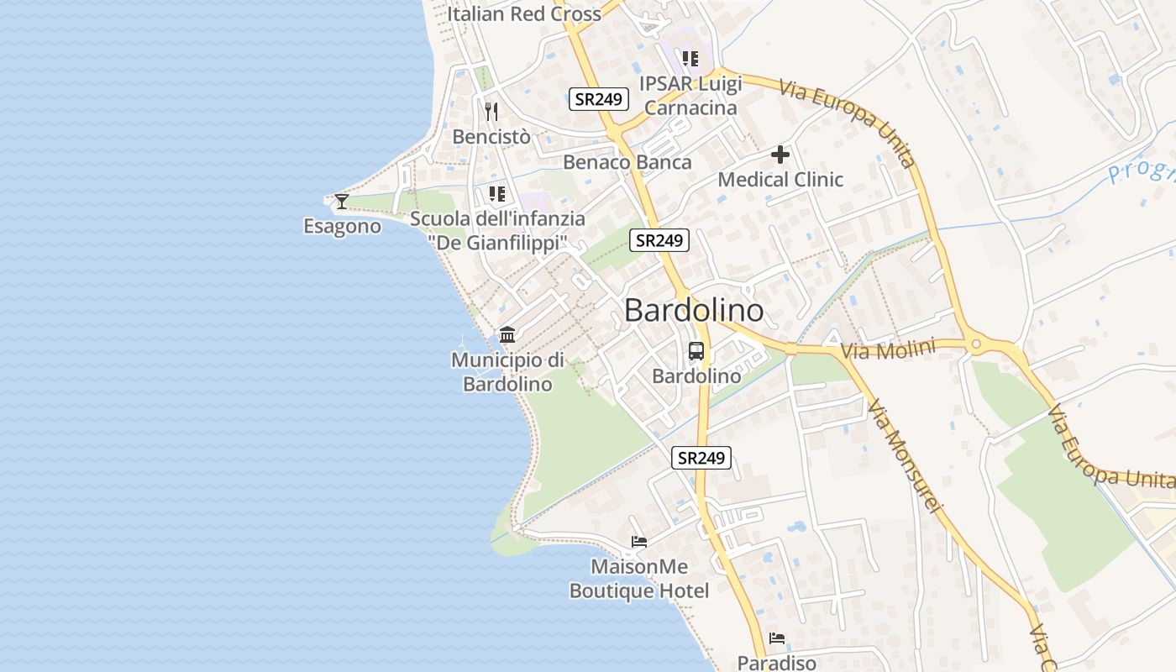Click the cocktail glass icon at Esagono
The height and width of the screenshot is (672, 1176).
pos(341,201)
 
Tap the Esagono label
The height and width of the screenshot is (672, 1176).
pos(342,226)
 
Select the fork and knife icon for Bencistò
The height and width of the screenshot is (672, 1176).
pos(491,111)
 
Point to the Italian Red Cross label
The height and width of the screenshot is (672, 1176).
pos(524,13)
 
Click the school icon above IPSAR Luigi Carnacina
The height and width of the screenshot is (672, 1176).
pos(690,59)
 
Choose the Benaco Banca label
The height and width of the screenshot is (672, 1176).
pos(627,162)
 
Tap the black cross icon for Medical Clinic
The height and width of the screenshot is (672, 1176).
pos(780,155)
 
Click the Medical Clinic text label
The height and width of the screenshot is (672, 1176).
pos(780,179)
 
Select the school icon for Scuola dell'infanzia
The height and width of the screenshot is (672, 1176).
pos(497,194)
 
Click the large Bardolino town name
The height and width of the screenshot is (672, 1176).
pos(694,311)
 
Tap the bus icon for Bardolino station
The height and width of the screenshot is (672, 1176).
pos(696,351)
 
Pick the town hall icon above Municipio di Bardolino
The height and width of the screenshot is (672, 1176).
pos(507,335)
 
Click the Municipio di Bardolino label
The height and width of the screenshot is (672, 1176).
pos(507,372)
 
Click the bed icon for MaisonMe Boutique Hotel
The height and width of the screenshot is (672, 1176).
pos(639,542)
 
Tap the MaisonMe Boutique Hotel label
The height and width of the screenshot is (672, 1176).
pos(639,579)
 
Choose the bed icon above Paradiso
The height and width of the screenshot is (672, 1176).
pos(776,638)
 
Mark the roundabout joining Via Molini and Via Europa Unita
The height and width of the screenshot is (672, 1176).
pos(975,344)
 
